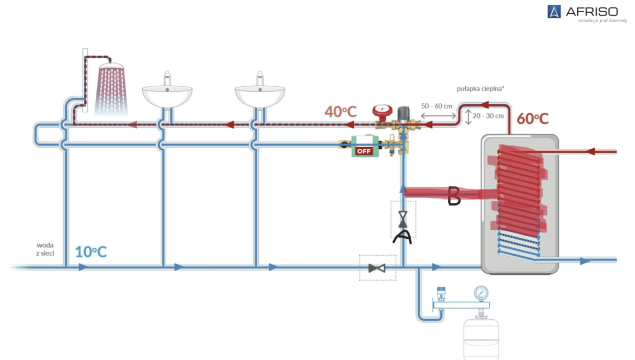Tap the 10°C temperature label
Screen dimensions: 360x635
coord(90,251)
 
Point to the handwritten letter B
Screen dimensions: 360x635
coord(454,196)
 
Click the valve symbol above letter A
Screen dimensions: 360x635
coord(403,218)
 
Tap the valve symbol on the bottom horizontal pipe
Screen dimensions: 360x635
coord(377,268)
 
